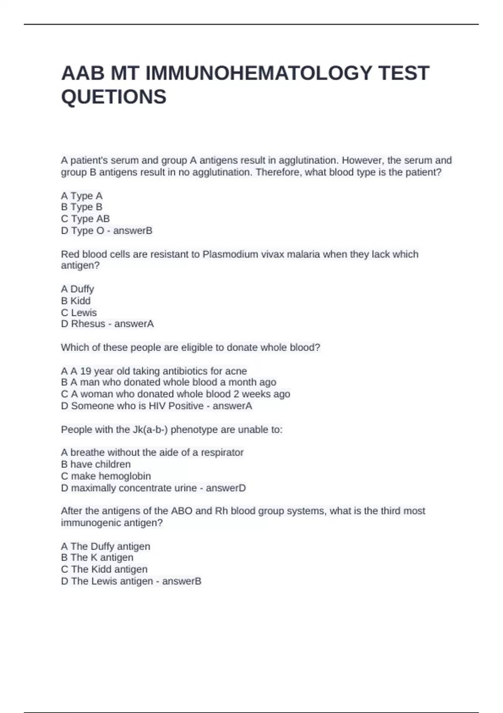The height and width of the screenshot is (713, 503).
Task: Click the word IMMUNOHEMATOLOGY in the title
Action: click(x=258, y=73)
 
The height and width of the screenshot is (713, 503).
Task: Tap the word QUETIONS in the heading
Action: click(x=114, y=97)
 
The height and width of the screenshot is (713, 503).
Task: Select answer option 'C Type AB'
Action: click(x=85, y=219)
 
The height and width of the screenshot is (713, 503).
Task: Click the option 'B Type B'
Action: click(x=81, y=207)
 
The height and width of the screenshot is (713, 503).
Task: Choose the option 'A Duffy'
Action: click(x=77, y=289)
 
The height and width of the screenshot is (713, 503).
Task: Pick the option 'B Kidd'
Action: click(x=75, y=301)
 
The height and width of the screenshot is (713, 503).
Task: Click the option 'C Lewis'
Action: click(x=78, y=312)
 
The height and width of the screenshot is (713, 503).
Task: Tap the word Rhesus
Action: click(x=88, y=324)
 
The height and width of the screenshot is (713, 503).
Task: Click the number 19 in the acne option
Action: click(x=86, y=371)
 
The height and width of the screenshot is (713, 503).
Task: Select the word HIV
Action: click(x=157, y=406)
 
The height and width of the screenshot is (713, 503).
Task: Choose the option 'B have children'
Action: click(x=96, y=464)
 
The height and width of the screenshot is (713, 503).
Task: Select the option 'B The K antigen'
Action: click(x=97, y=557)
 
